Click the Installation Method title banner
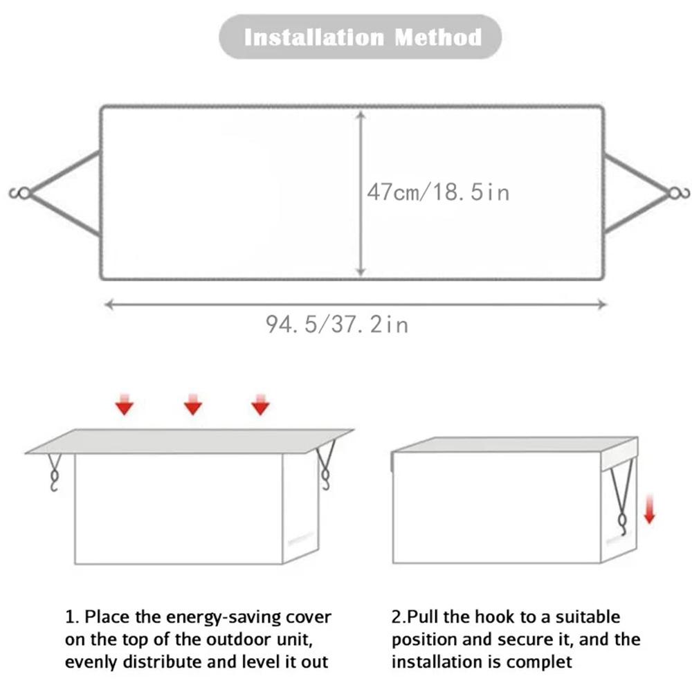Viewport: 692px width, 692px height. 361,37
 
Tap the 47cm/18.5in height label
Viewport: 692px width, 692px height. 438,192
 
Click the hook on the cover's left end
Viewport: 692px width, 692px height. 21,194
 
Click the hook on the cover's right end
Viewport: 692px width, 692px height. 677,194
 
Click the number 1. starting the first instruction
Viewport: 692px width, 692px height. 72,617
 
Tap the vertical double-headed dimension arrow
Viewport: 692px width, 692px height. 360,194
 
